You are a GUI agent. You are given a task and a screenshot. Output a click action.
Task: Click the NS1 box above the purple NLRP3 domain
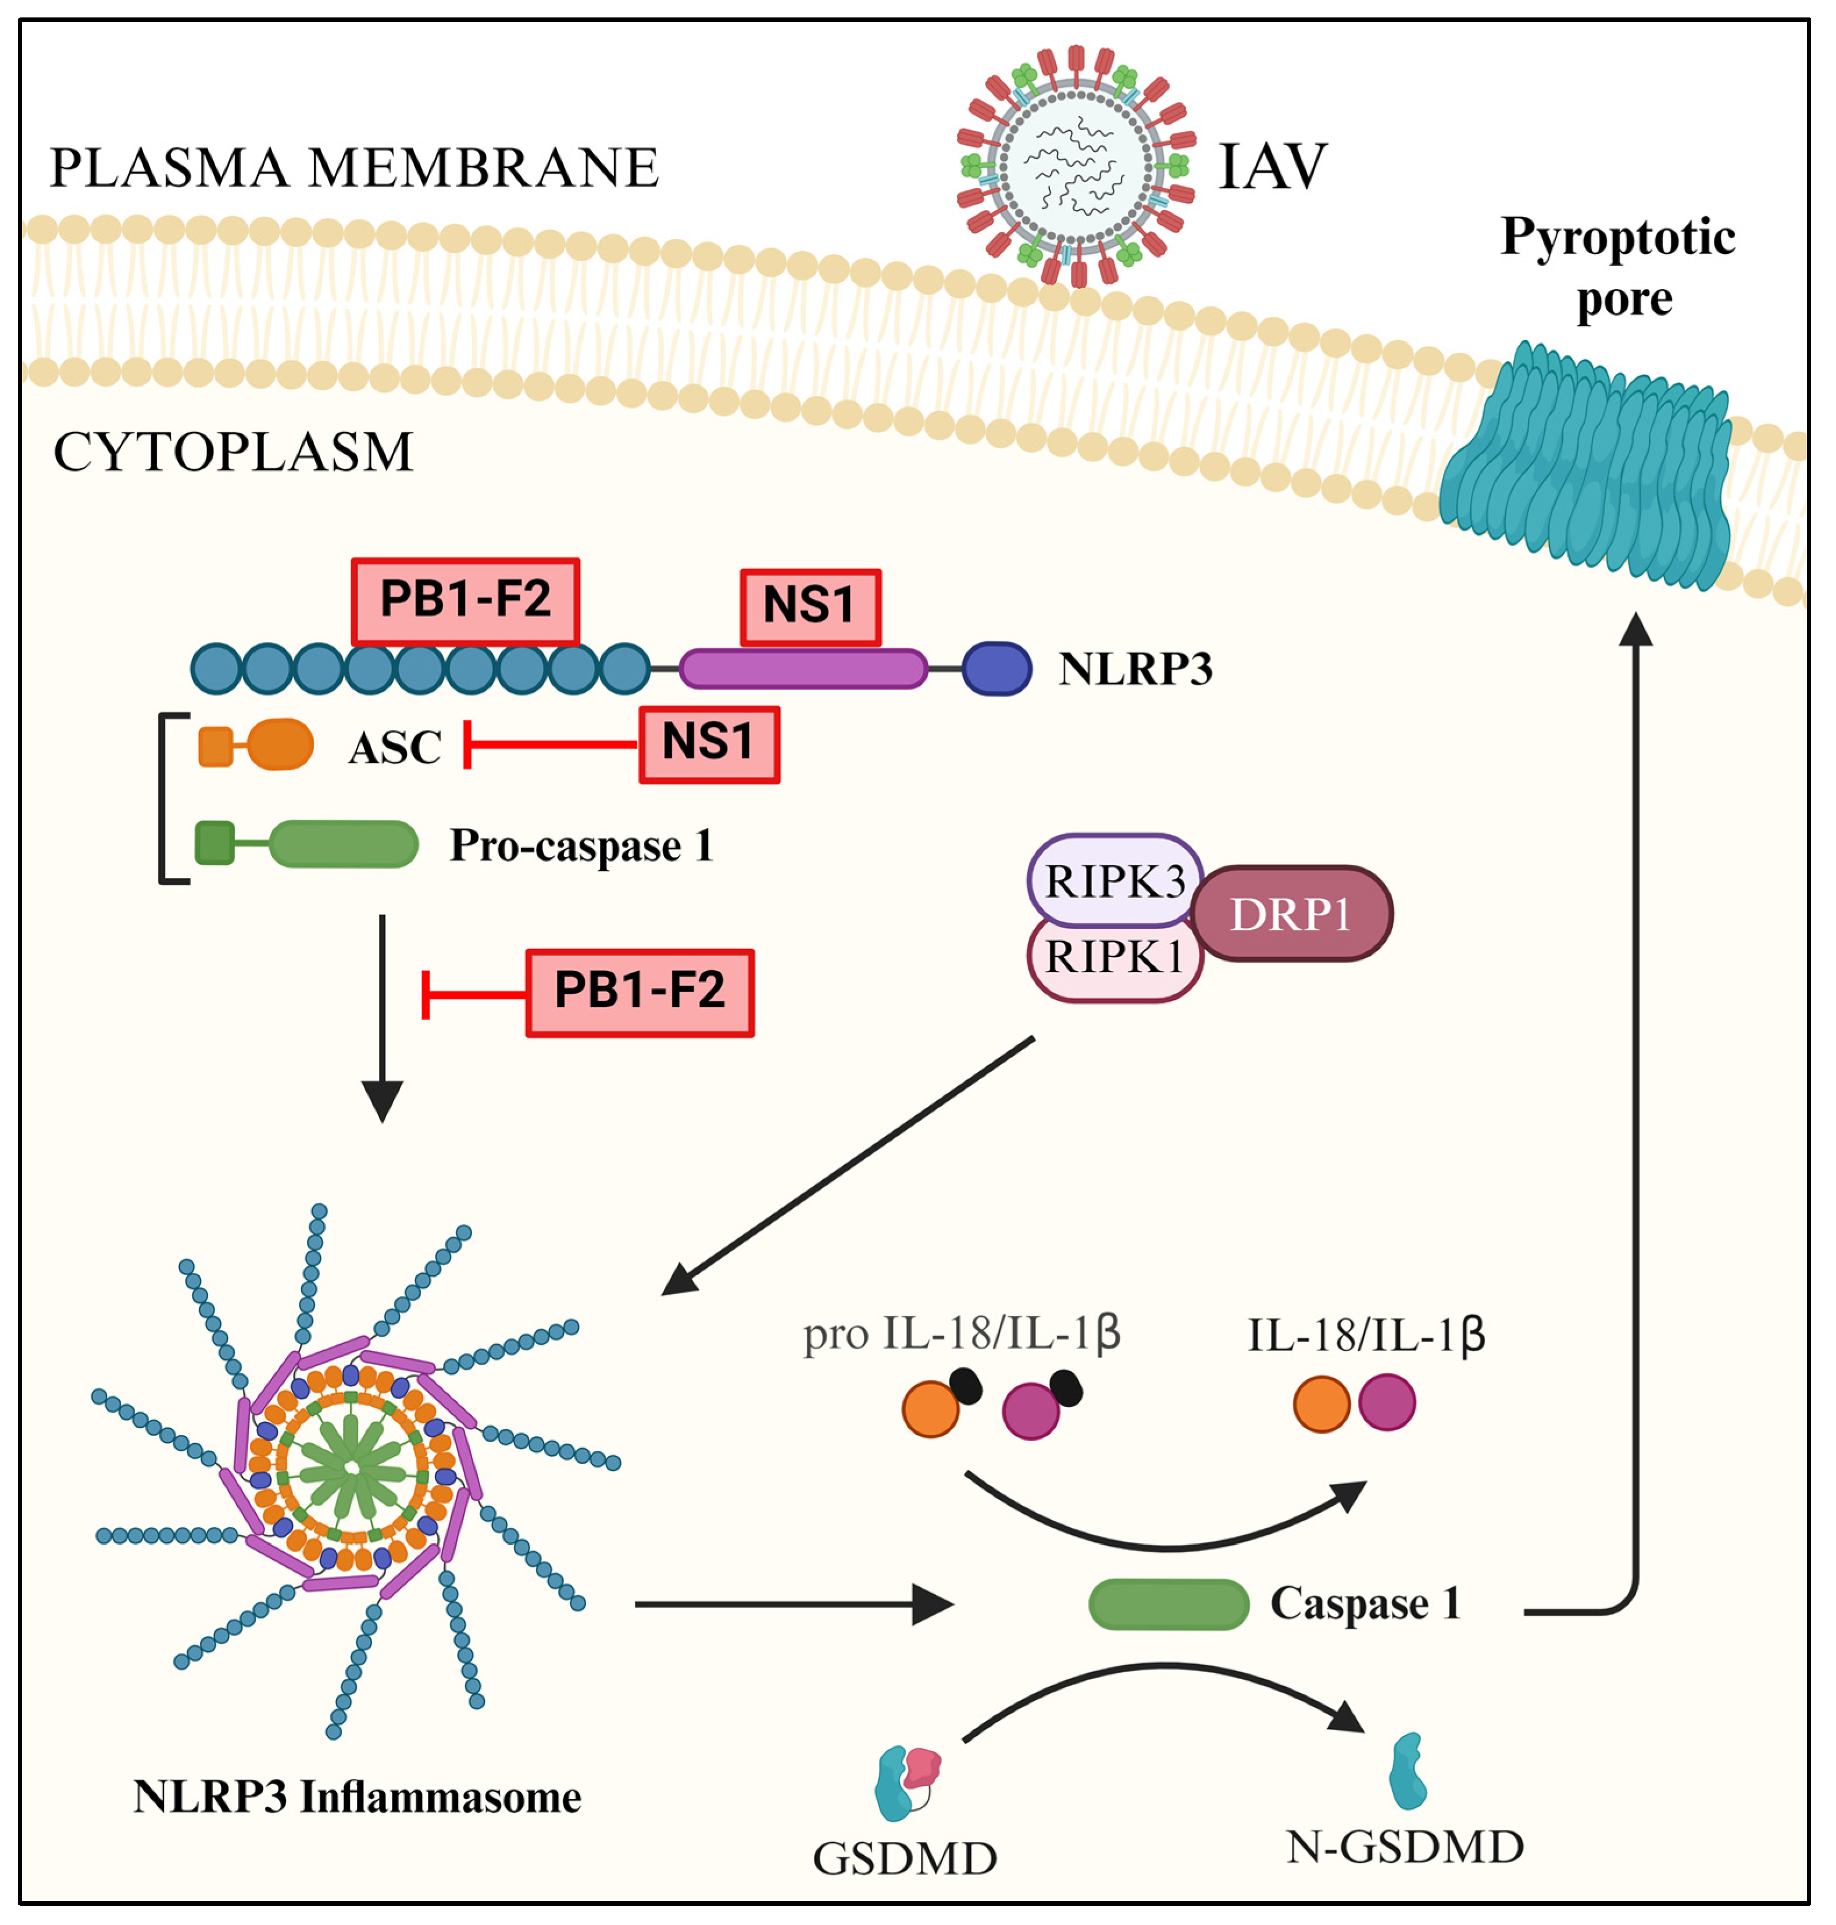click(809, 607)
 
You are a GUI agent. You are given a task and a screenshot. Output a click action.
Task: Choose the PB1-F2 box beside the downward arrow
click(639, 991)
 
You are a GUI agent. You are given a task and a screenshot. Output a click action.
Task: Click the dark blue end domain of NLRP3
click(996, 669)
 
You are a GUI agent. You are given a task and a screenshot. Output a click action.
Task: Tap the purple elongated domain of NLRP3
click(802, 669)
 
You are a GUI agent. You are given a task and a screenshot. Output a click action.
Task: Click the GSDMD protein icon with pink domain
click(906, 1783)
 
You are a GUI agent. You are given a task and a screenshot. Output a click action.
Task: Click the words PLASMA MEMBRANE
click(354, 167)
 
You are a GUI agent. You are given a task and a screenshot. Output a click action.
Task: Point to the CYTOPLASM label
click(233, 452)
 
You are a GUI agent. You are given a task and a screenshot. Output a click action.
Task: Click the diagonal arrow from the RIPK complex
click(848, 1165)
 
